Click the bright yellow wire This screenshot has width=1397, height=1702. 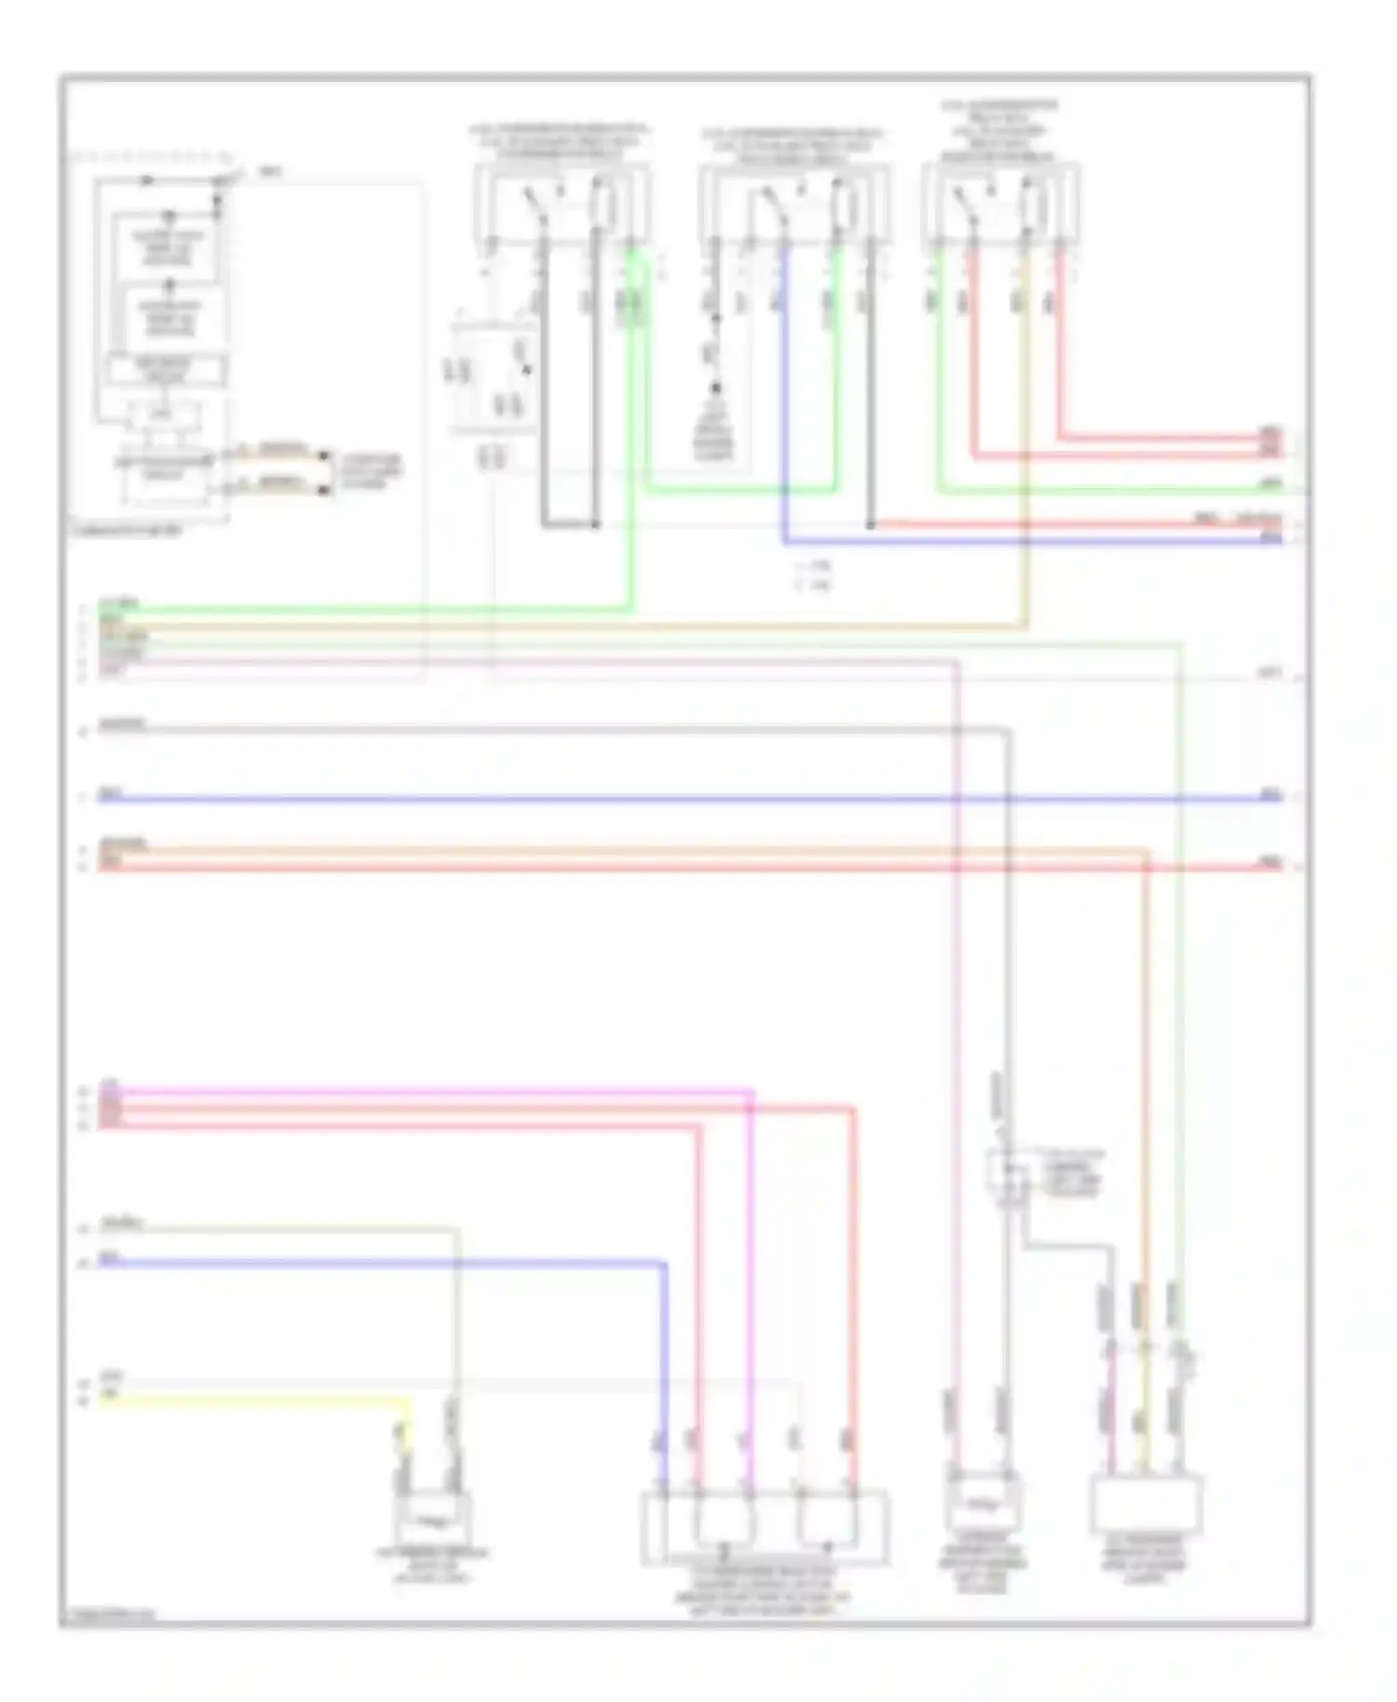(251, 1399)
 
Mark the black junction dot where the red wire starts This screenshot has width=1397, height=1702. (870, 525)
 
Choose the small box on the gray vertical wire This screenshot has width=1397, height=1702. (1007, 1170)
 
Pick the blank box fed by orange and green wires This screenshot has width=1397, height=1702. (1146, 1505)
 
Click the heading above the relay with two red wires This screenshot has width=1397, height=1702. (999, 131)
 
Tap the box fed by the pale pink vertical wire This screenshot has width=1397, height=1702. (983, 1501)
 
